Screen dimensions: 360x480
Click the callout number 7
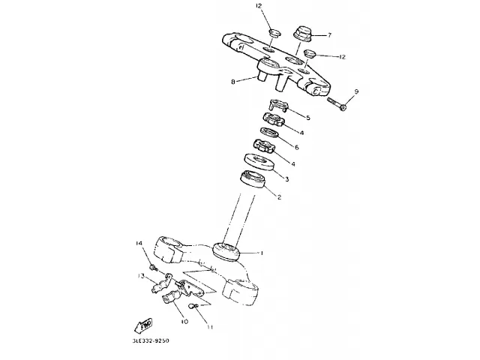click(x=328, y=34)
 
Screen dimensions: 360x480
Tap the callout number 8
click(x=233, y=82)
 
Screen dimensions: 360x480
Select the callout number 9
click(x=356, y=91)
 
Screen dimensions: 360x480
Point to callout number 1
click(x=262, y=253)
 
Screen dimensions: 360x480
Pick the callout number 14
click(x=139, y=244)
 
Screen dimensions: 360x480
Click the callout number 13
click(x=140, y=276)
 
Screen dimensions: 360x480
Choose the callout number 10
click(x=183, y=321)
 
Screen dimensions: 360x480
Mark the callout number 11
click(x=210, y=327)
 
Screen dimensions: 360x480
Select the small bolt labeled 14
click(x=152, y=266)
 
